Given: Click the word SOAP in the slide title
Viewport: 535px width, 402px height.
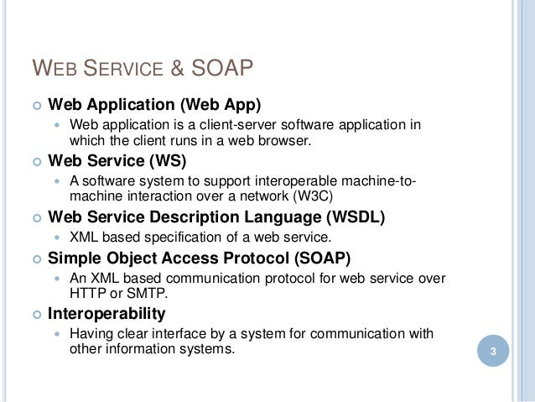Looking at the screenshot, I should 221,67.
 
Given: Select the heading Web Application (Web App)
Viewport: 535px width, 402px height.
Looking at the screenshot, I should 154,106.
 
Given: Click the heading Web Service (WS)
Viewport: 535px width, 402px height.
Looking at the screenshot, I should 117,159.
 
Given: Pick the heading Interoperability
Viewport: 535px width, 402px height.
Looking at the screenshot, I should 106,314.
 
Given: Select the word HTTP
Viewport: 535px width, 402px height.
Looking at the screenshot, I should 86,295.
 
